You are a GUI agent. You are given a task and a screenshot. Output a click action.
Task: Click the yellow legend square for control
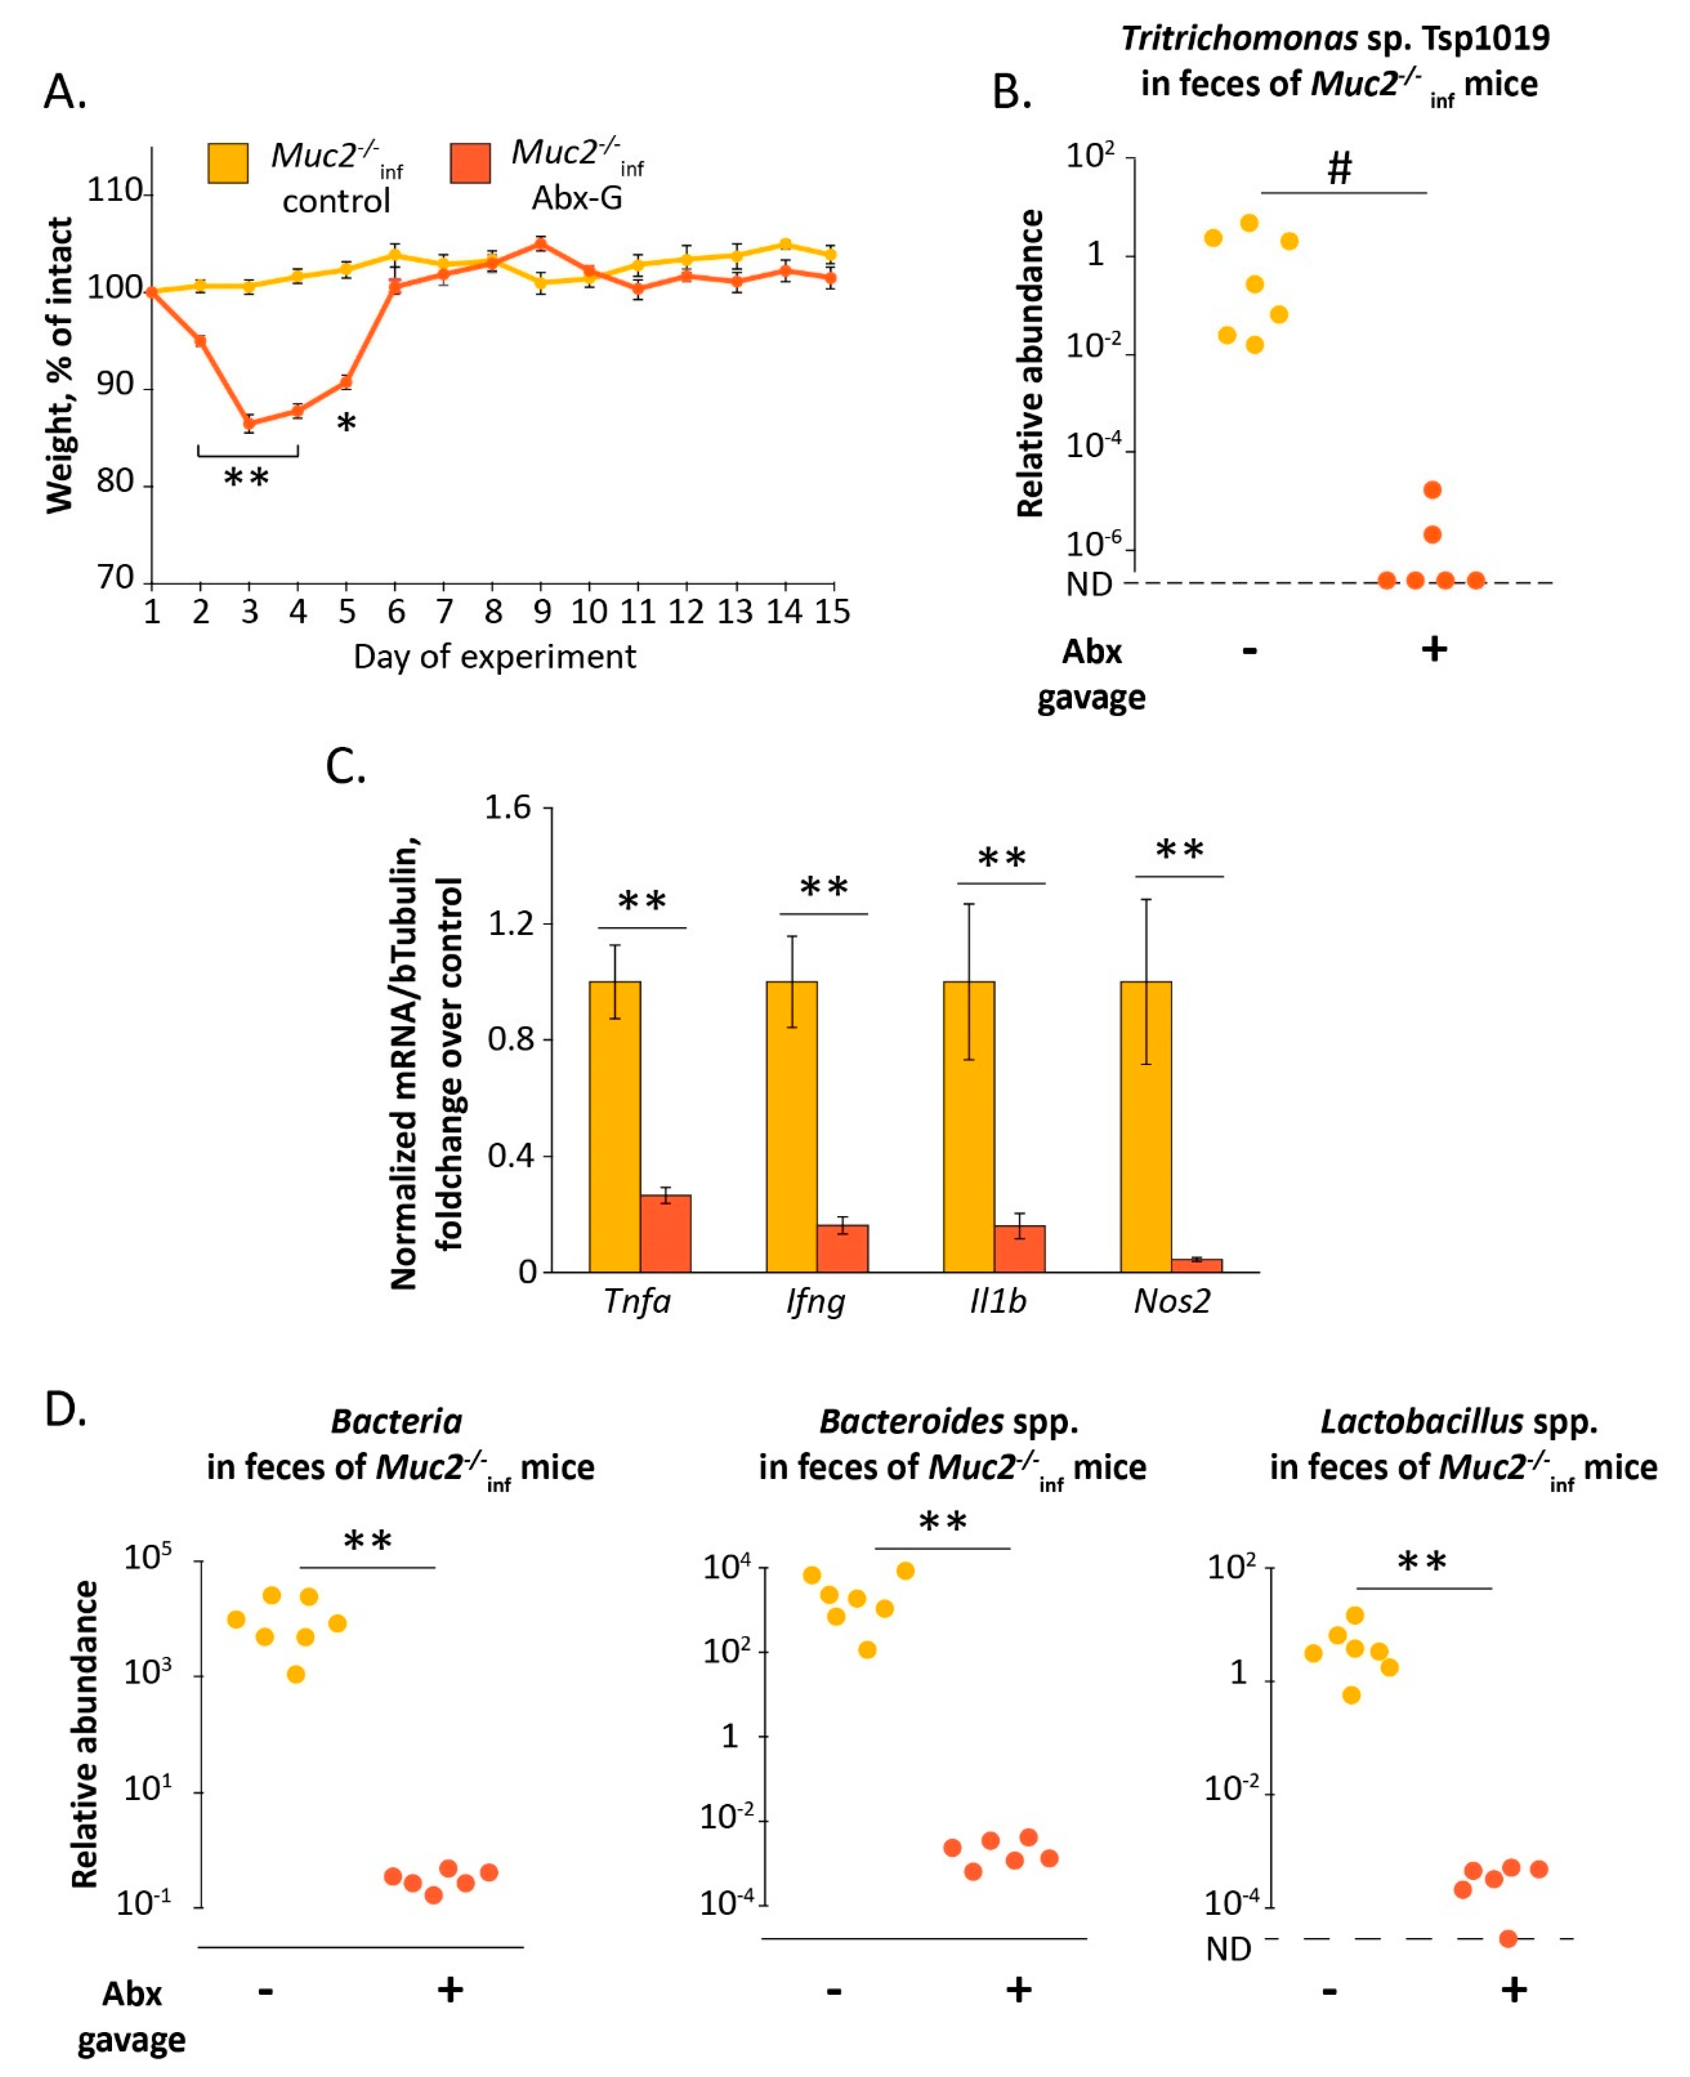(228, 163)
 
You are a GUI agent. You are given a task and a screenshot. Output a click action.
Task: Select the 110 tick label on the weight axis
(115, 191)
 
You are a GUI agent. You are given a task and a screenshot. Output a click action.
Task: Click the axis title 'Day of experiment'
(494, 658)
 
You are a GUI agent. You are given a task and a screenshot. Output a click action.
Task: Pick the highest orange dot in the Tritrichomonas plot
(1432, 490)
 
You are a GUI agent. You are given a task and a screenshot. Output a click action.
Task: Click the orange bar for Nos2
(1197, 1265)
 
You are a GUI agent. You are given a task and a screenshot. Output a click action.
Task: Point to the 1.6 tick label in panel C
(508, 807)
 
